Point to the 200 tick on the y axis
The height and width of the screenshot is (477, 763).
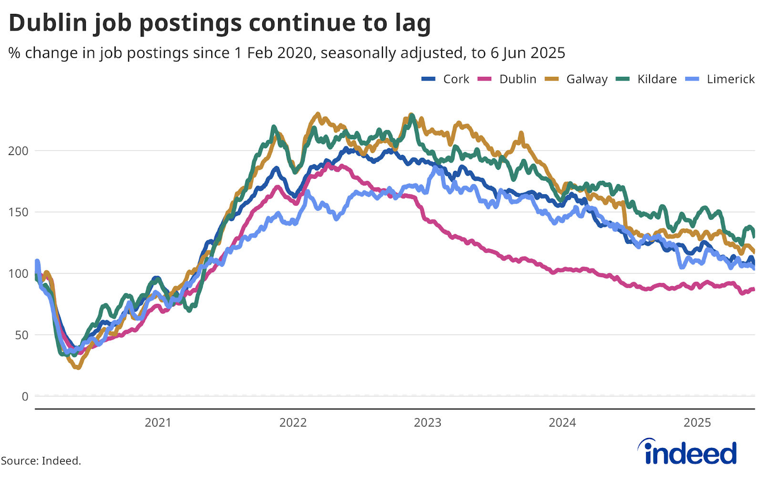tap(18, 151)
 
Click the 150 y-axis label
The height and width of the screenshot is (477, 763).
tap(18, 212)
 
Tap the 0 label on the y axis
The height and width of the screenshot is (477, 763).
tap(25, 396)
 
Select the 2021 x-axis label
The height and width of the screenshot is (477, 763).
tap(158, 423)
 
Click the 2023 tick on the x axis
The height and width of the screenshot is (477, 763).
tap(428, 423)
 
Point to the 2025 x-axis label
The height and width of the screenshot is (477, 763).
tap(697, 423)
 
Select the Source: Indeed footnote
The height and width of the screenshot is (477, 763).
tap(41, 461)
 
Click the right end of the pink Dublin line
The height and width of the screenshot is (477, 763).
tap(753, 289)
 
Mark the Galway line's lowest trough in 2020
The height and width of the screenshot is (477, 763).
tap(78, 367)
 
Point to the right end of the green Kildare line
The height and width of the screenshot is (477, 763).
tap(754, 234)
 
